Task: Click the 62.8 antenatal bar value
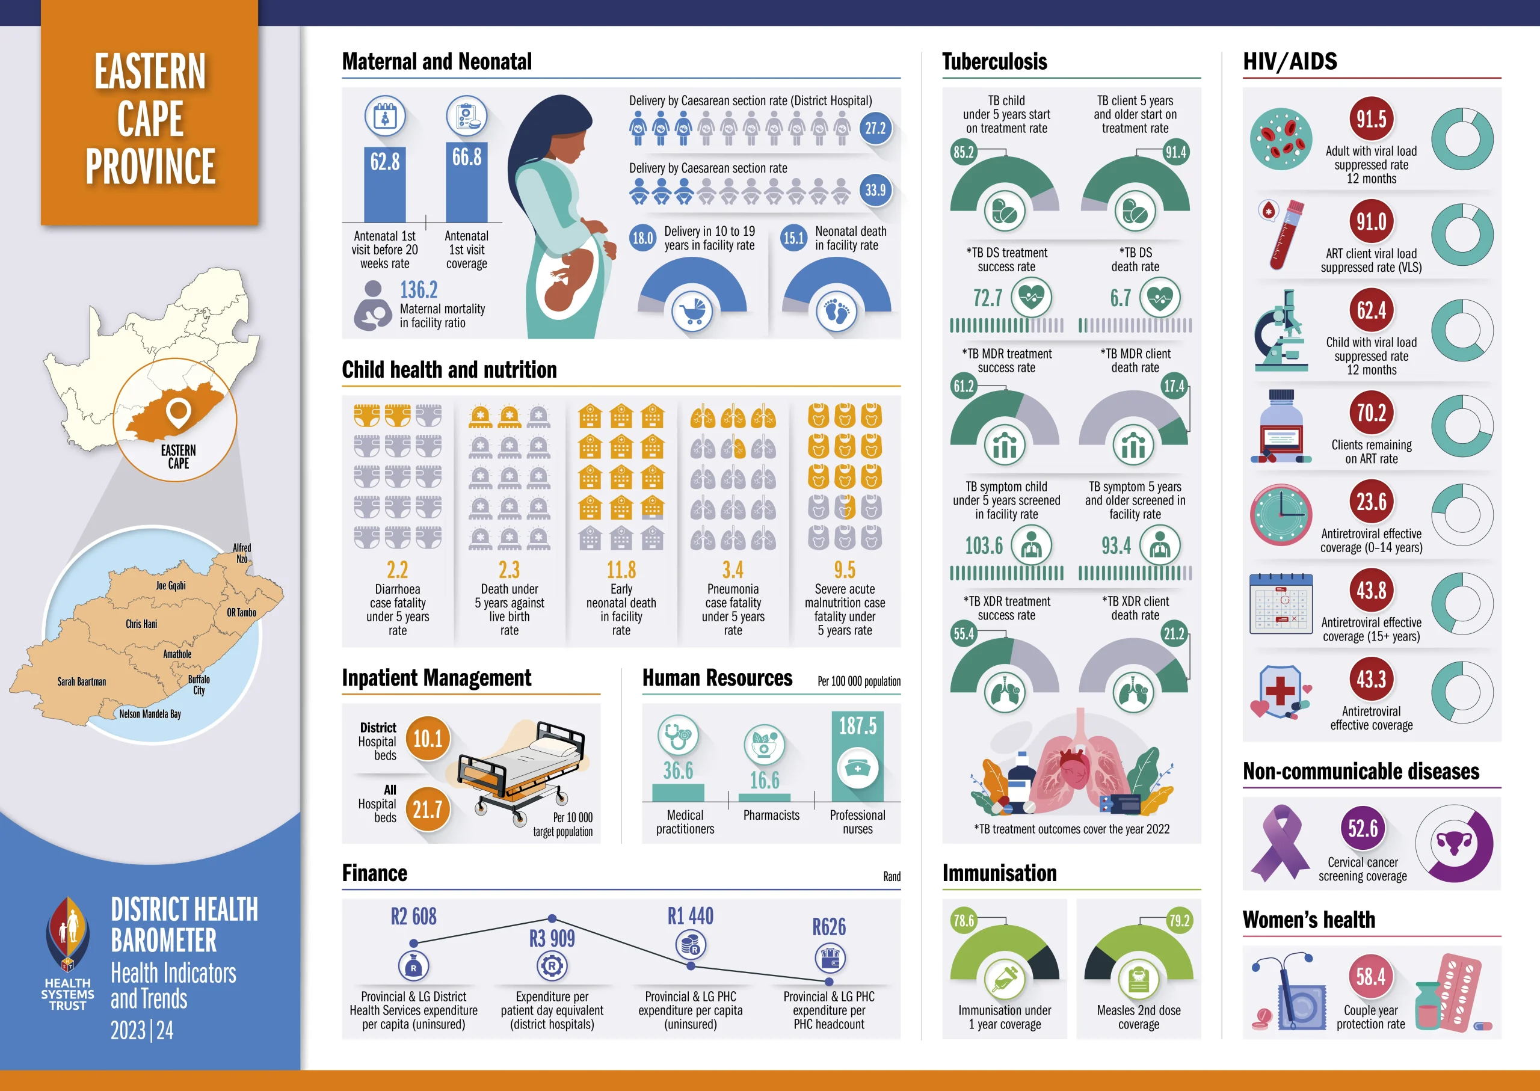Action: (x=385, y=162)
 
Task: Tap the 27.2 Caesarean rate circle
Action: (x=875, y=128)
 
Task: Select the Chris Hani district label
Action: (x=141, y=624)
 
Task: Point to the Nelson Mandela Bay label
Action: (x=150, y=714)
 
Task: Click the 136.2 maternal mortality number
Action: (x=419, y=290)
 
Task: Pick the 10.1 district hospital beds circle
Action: (x=427, y=740)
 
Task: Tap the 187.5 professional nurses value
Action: (x=857, y=725)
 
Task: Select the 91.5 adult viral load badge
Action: (x=1371, y=120)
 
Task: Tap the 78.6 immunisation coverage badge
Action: (x=964, y=920)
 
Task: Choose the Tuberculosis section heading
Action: (x=994, y=62)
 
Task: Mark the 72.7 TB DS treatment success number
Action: (x=987, y=298)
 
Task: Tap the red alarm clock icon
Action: (x=1281, y=515)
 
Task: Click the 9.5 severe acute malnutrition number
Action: (x=845, y=570)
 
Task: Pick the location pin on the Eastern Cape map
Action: (x=178, y=413)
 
